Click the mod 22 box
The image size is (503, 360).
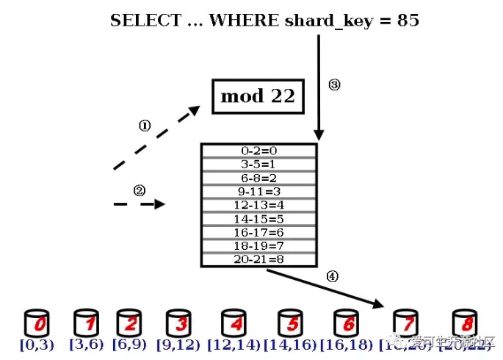coord(258,96)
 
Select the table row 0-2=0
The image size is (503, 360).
coord(258,151)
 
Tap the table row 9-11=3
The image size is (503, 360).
coord(258,191)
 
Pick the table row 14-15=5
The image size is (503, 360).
coord(258,218)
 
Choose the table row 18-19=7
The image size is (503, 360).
coord(258,245)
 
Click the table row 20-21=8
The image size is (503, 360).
coord(258,259)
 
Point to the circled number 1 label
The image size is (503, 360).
coord(145,126)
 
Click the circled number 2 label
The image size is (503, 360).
coord(140,190)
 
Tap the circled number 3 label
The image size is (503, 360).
coord(334,84)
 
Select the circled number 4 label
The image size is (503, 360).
coord(332,277)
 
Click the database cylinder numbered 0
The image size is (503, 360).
coord(37,323)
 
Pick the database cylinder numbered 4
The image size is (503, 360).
coord(234,323)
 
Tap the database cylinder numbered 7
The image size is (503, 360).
coord(405,323)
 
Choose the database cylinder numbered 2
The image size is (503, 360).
coord(129,323)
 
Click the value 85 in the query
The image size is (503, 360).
coord(408,20)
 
